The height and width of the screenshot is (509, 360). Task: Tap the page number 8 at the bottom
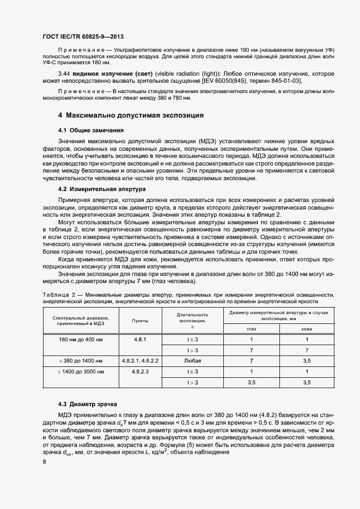click(44, 462)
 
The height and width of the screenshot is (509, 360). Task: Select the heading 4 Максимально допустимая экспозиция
click(131, 115)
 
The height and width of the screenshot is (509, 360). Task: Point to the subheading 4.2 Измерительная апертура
click(102, 189)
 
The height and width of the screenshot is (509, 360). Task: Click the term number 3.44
click(65, 73)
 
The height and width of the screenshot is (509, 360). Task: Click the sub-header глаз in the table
click(251, 329)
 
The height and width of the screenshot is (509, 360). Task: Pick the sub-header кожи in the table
click(307, 329)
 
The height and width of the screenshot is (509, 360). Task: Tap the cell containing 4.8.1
click(141, 339)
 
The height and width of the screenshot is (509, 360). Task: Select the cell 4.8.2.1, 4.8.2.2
click(141, 361)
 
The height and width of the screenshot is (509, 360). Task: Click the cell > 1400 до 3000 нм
click(80, 372)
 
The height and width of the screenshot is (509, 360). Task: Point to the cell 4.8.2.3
click(141, 372)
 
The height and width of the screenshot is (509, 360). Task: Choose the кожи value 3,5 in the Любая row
click(307, 361)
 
